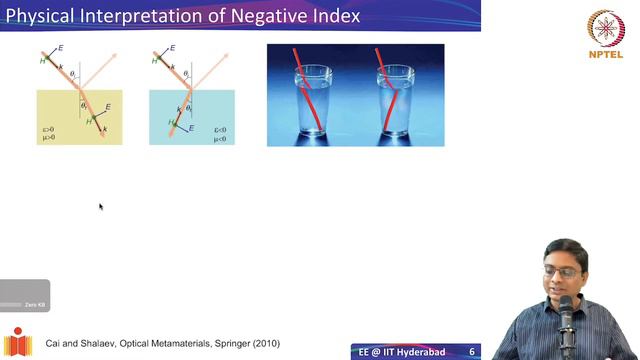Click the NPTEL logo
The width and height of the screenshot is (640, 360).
pyautogui.click(x=605, y=35)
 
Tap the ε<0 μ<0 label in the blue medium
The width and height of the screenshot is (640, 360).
pyautogui.click(x=220, y=134)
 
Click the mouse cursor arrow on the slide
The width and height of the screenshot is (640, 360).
pyautogui.click(x=101, y=207)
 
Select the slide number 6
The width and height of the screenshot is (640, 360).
pyautogui.click(x=471, y=352)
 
